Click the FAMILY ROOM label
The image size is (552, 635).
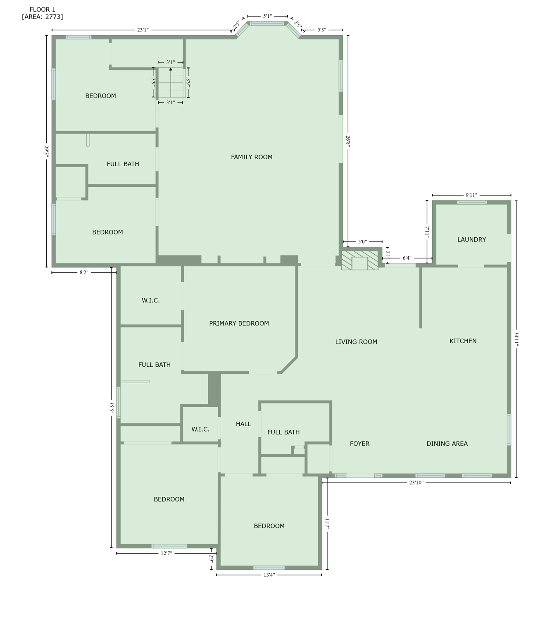tap(252, 157)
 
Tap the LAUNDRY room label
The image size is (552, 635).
tap(471, 240)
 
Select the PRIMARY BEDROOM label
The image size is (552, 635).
tap(239, 324)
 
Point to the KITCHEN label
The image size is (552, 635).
tap(463, 341)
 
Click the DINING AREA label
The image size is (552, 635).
tap(447, 444)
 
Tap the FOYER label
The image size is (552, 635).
tap(359, 444)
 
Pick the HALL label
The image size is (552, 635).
tap(243, 424)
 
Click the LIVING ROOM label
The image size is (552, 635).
tap(356, 342)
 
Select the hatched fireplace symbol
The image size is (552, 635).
tap(359, 260)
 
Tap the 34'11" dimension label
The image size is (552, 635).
tap(516, 339)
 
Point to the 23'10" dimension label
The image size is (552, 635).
tap(416, 482)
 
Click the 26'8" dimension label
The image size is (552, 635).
tap(348, 141)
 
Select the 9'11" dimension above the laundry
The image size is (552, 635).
tap(471, 195)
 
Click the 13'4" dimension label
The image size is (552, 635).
tap(269, 575)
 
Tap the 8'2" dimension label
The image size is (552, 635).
tap(84, 272)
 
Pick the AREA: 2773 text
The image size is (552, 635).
tap(43, 17)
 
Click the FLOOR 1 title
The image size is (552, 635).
tap(43, 10)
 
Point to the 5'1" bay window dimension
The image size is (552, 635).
tap(268, 16)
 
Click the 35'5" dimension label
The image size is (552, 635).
tap(111, 408)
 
